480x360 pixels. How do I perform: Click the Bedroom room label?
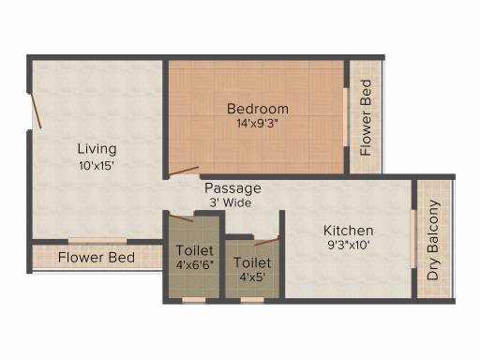pyautogui.click(x=258, y=108)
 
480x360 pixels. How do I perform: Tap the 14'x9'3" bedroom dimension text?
pyautogui.click(x=258, y=123)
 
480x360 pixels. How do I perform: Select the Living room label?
pyautogui.click(x=97, y=148)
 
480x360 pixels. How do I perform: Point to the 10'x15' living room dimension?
pyautogui.click(x=97, y=165)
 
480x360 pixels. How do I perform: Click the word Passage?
pyautogui.click(x=233, y=187)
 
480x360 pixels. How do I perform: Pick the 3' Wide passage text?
pyautogui.click(x=233, y=202)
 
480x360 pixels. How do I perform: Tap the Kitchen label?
pyautogui.click(x=349, y=231)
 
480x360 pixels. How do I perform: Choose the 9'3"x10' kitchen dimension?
pyautogui.click(x=349, y=247)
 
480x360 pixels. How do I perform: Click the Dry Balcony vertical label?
pyautogui.click(x=433, y=243)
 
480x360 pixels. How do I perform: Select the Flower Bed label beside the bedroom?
pyautogui.click(x=367, y=118)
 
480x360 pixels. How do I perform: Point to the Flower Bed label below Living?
pyautogui.click(x=97, y=257)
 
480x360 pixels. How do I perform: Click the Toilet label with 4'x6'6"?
pyautogui.click(x=195, y=251)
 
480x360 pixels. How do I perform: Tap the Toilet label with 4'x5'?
pyautogui.click(x=252, y=263)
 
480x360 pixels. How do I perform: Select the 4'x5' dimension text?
pyautogui.click(x=252, y=278)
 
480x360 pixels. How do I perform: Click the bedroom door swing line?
pyautogui.click(x=184, y=172)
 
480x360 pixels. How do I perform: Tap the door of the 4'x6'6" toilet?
pyautogui.click(x=184, y=217)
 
